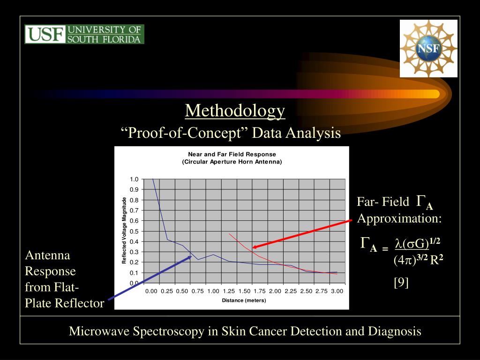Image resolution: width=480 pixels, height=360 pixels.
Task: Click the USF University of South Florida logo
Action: (x=84, y=34)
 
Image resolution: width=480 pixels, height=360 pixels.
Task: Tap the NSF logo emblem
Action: (x=428, y=48)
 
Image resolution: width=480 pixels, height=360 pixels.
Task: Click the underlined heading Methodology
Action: (x=235, y=111)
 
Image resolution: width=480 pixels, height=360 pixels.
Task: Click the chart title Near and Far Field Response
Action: (x=232, y=154)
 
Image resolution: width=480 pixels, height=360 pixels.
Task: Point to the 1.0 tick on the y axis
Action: (x=134, y=180)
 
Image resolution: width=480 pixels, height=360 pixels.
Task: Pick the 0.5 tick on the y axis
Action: (x=134, y=231)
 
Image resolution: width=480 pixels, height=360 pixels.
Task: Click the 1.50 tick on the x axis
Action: (x=244, y=291)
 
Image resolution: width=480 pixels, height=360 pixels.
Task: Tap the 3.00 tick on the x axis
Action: (x=337, y=291)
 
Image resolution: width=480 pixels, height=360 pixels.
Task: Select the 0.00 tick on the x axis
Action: (x=151, y=291)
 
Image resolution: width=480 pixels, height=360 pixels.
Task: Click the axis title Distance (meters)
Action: (x=244, y=300)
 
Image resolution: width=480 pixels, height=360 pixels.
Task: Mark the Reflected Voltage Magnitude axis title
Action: (x=124, y=231)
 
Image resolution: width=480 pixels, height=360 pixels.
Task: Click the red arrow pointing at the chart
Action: (x=302, y=233)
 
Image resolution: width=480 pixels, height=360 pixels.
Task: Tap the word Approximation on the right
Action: (x=399, y=218)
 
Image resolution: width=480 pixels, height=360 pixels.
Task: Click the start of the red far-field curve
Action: (x=229, y=233)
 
